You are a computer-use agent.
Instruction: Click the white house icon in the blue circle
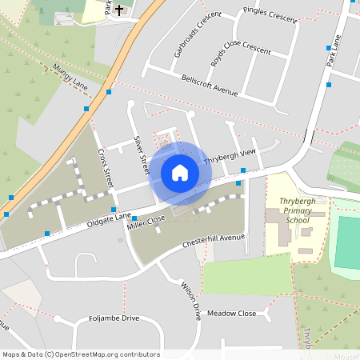pos(180,172)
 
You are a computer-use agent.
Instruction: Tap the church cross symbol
pos(120,10)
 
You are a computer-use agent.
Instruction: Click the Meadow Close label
pos(231,313)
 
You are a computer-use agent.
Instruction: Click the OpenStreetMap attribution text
pos(81,354)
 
